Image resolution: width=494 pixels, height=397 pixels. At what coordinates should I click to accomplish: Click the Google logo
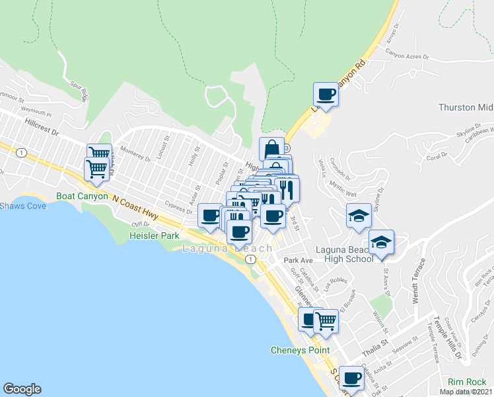pyautogui.click(x=22, y=389)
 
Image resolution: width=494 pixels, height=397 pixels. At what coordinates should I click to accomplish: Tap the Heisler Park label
pyautogui.click(x=155, y=236)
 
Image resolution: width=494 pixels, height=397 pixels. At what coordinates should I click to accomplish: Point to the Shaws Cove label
pyautogui.click(x=23, y=206)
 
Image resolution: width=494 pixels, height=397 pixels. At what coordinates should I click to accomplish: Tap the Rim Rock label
pyautogui.click(x=467, y=382)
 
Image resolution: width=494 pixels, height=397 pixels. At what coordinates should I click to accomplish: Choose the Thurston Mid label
pyautogui.click(x=466, y=107)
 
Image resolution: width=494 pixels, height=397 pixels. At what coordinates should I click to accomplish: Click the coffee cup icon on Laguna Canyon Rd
pyautogui.click(x=326, y=95)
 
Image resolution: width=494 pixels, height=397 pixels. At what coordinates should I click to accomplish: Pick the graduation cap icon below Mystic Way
pyautogui.click(x=359, y=216)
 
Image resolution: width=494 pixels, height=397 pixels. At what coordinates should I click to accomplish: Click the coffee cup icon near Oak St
pyautogui.click(x=351, y=378)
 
